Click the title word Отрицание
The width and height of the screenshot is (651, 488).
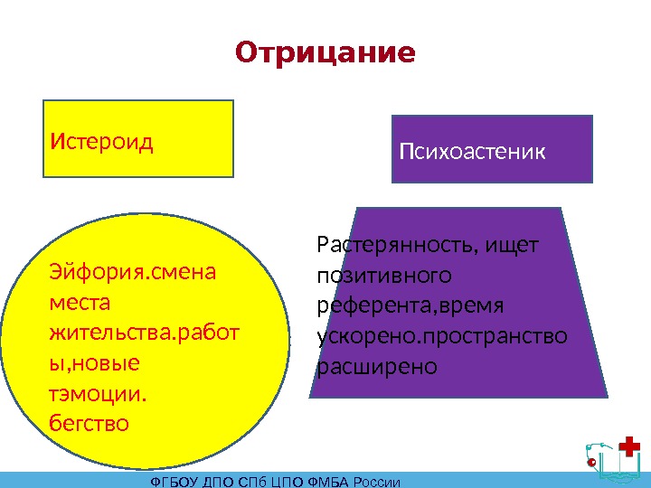(325, 53)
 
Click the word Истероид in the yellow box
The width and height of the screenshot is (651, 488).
(102, 142)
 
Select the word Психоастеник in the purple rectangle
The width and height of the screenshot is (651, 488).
(473, 151)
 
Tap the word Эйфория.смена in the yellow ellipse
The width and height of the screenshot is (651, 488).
(133, 273)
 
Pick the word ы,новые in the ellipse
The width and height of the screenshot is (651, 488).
(95, 363)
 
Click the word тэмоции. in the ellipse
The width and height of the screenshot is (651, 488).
(100, 395)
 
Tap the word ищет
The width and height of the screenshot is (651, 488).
(511, 244)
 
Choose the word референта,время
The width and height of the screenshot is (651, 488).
(410, 305)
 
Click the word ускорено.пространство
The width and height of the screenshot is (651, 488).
(442, 336)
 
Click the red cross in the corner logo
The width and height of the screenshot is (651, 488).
(630, 447)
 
